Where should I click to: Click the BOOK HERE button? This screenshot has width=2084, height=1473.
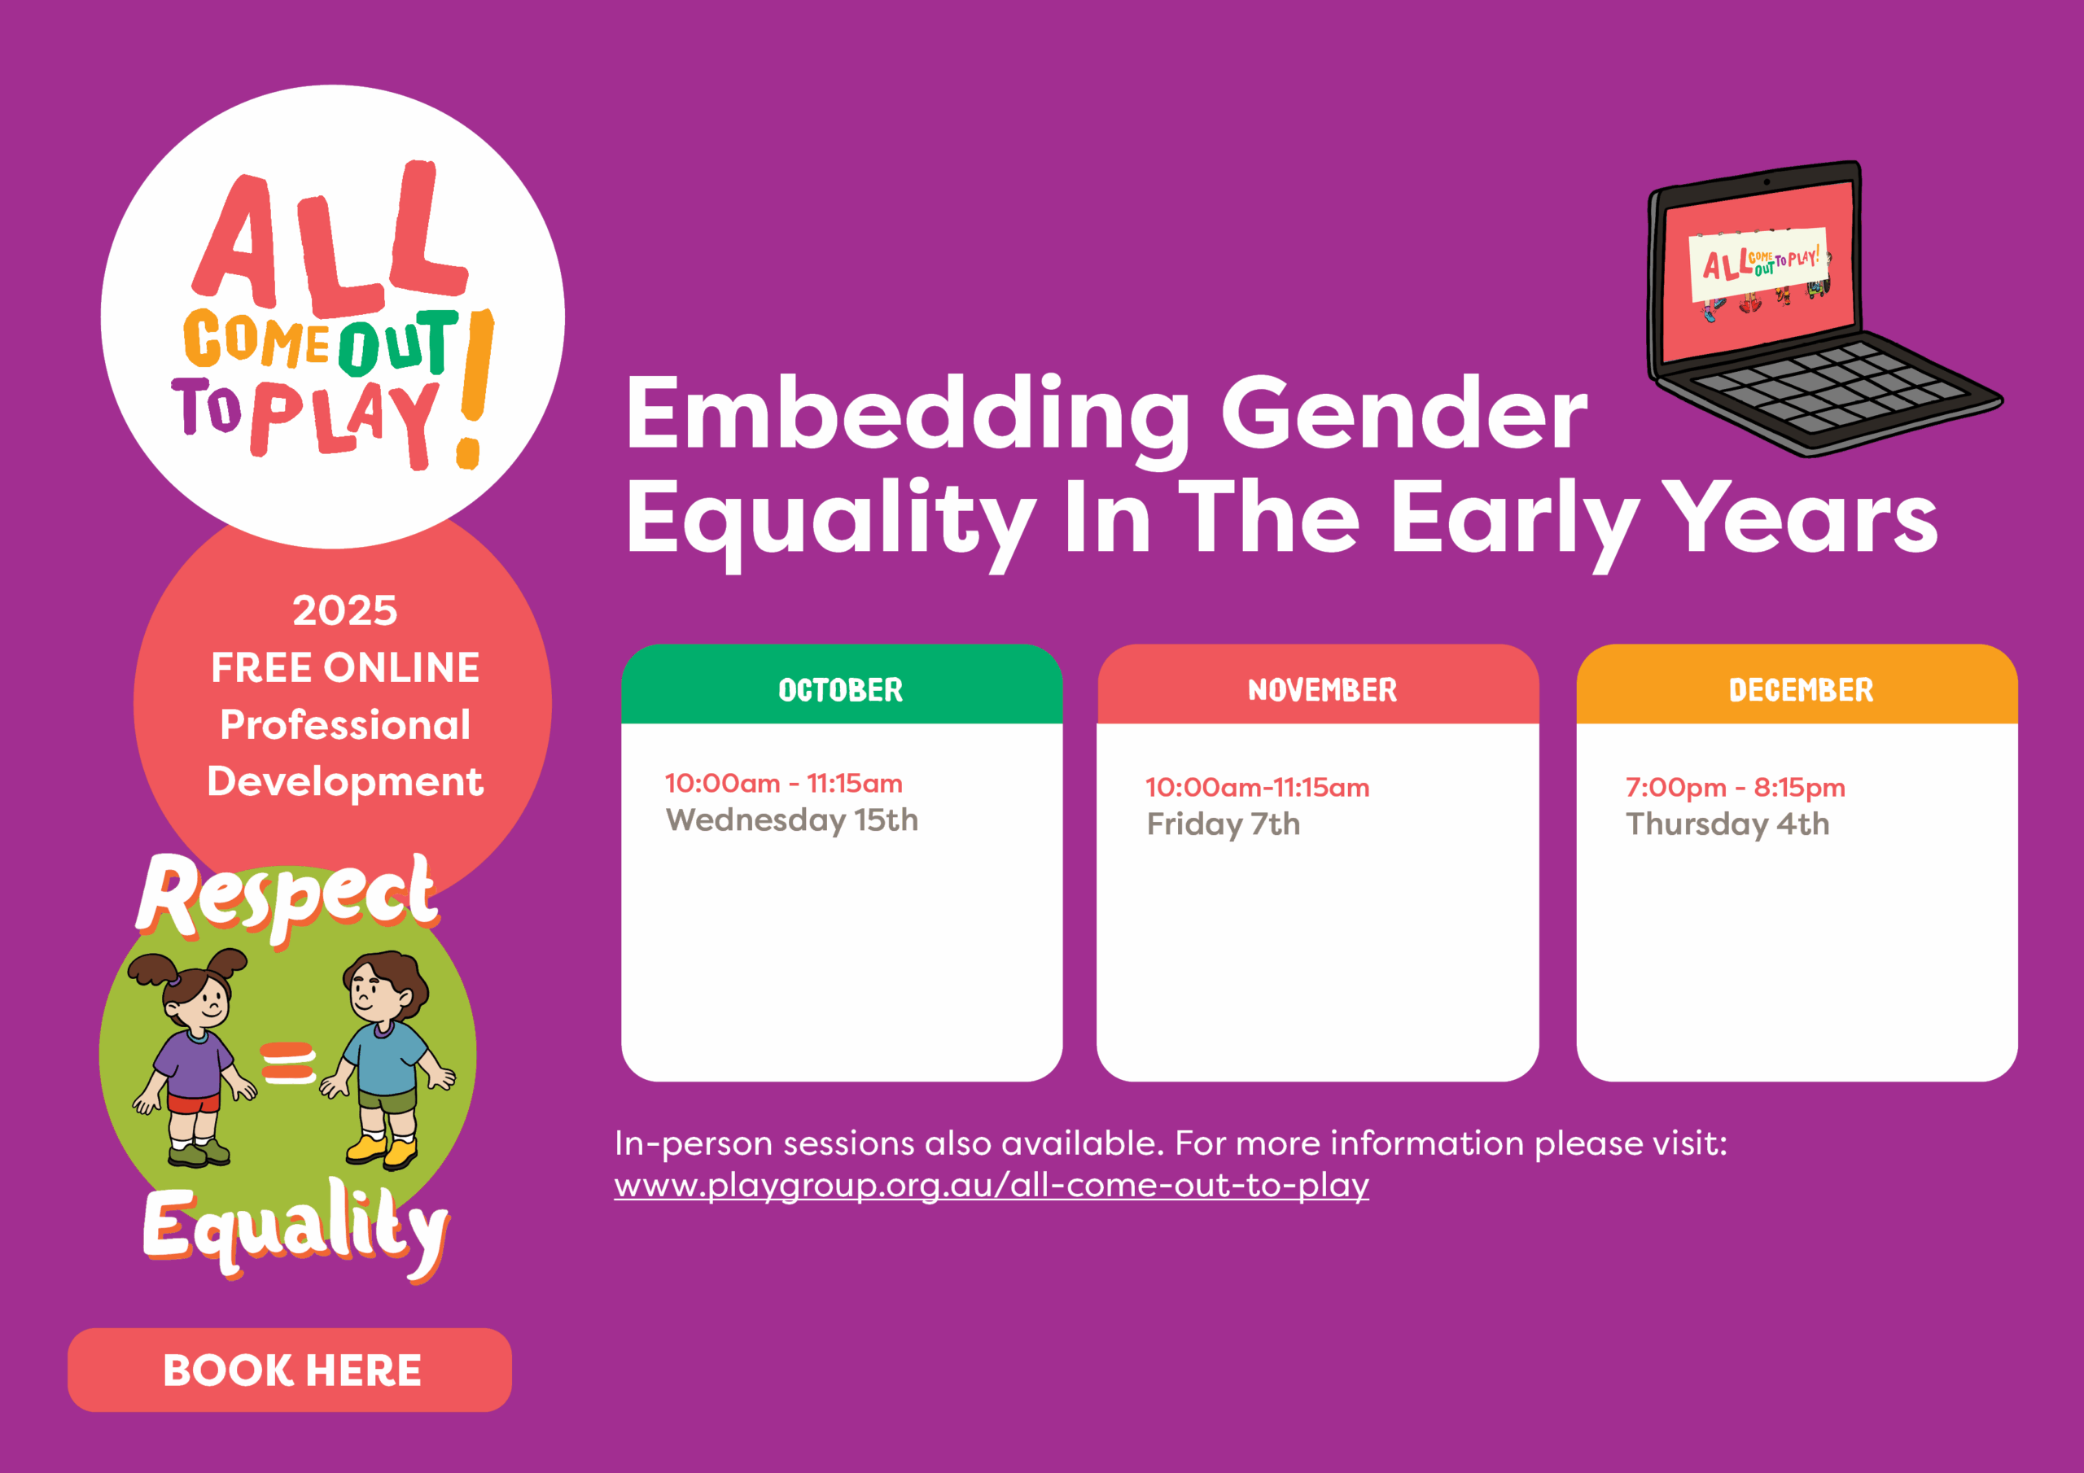290,1370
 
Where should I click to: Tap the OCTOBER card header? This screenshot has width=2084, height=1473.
842,684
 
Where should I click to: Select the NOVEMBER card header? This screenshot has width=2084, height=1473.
1318,684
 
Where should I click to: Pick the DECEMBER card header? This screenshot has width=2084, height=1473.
1797,684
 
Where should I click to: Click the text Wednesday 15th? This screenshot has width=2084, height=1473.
791,820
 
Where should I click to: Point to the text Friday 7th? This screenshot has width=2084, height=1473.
1224,824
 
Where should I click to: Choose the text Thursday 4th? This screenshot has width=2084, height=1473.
1727,824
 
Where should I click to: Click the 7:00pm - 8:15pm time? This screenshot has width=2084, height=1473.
1736,787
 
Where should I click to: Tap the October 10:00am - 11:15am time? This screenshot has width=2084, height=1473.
783,783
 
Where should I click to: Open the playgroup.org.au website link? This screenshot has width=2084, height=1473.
992,1185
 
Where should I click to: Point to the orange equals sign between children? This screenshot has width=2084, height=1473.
289,1063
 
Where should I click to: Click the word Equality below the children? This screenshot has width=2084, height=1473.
296,1227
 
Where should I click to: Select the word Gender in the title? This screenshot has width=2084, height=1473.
1404,414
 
